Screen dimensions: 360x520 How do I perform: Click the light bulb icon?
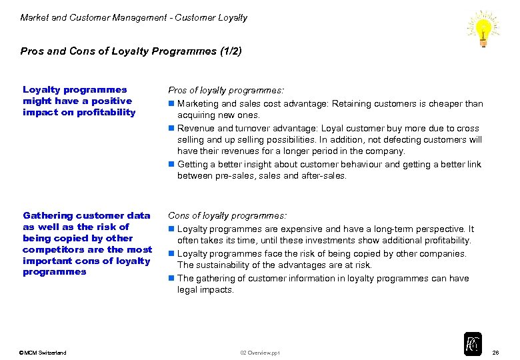(x=483, y=29)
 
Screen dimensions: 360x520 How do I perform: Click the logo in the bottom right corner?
(x=472, y=343)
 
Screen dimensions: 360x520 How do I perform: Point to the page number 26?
(x=495, y=352)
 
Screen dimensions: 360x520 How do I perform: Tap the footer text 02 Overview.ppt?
(x=260, y=353)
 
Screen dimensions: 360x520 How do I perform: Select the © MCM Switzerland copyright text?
(x=43, y=353)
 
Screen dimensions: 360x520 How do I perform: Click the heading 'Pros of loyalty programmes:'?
(x=226, y=90)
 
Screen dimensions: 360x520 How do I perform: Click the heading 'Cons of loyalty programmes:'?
(x=227, y=215)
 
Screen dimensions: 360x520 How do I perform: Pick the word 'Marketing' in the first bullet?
(x=197, y=103)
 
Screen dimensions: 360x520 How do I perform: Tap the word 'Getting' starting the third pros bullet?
(x=193, y=164)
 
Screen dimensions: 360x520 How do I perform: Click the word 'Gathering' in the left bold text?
(x=48, y=215)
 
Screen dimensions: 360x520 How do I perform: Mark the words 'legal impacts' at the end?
(x=205, y=290)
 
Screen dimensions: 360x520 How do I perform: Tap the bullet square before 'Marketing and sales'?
(x=171, y=103)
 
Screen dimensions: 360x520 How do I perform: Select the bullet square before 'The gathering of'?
(x=171, y=278)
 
